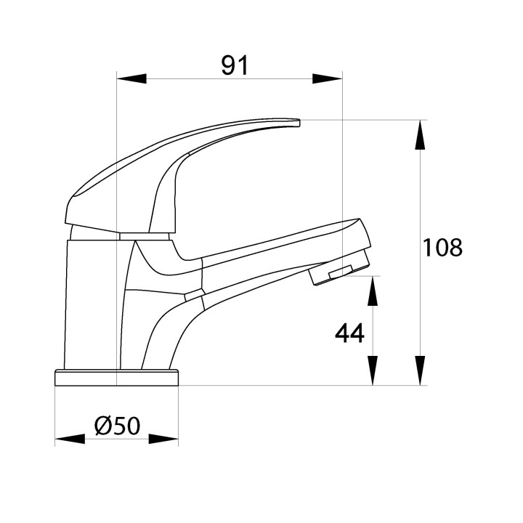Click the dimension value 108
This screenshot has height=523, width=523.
coord(442,248)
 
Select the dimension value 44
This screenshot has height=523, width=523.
coord(349,333)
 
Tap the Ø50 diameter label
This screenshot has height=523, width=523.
coord(117,426)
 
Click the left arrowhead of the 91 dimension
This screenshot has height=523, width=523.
coord(131,78)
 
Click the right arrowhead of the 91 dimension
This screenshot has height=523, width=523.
coord(328,78)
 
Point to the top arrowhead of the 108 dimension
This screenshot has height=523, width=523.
coord(420,135)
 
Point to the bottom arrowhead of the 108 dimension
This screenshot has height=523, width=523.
coord(420,370)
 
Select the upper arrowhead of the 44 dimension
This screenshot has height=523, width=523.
coord(372,291)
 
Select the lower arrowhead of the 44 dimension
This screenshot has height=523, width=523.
coord(372,370)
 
